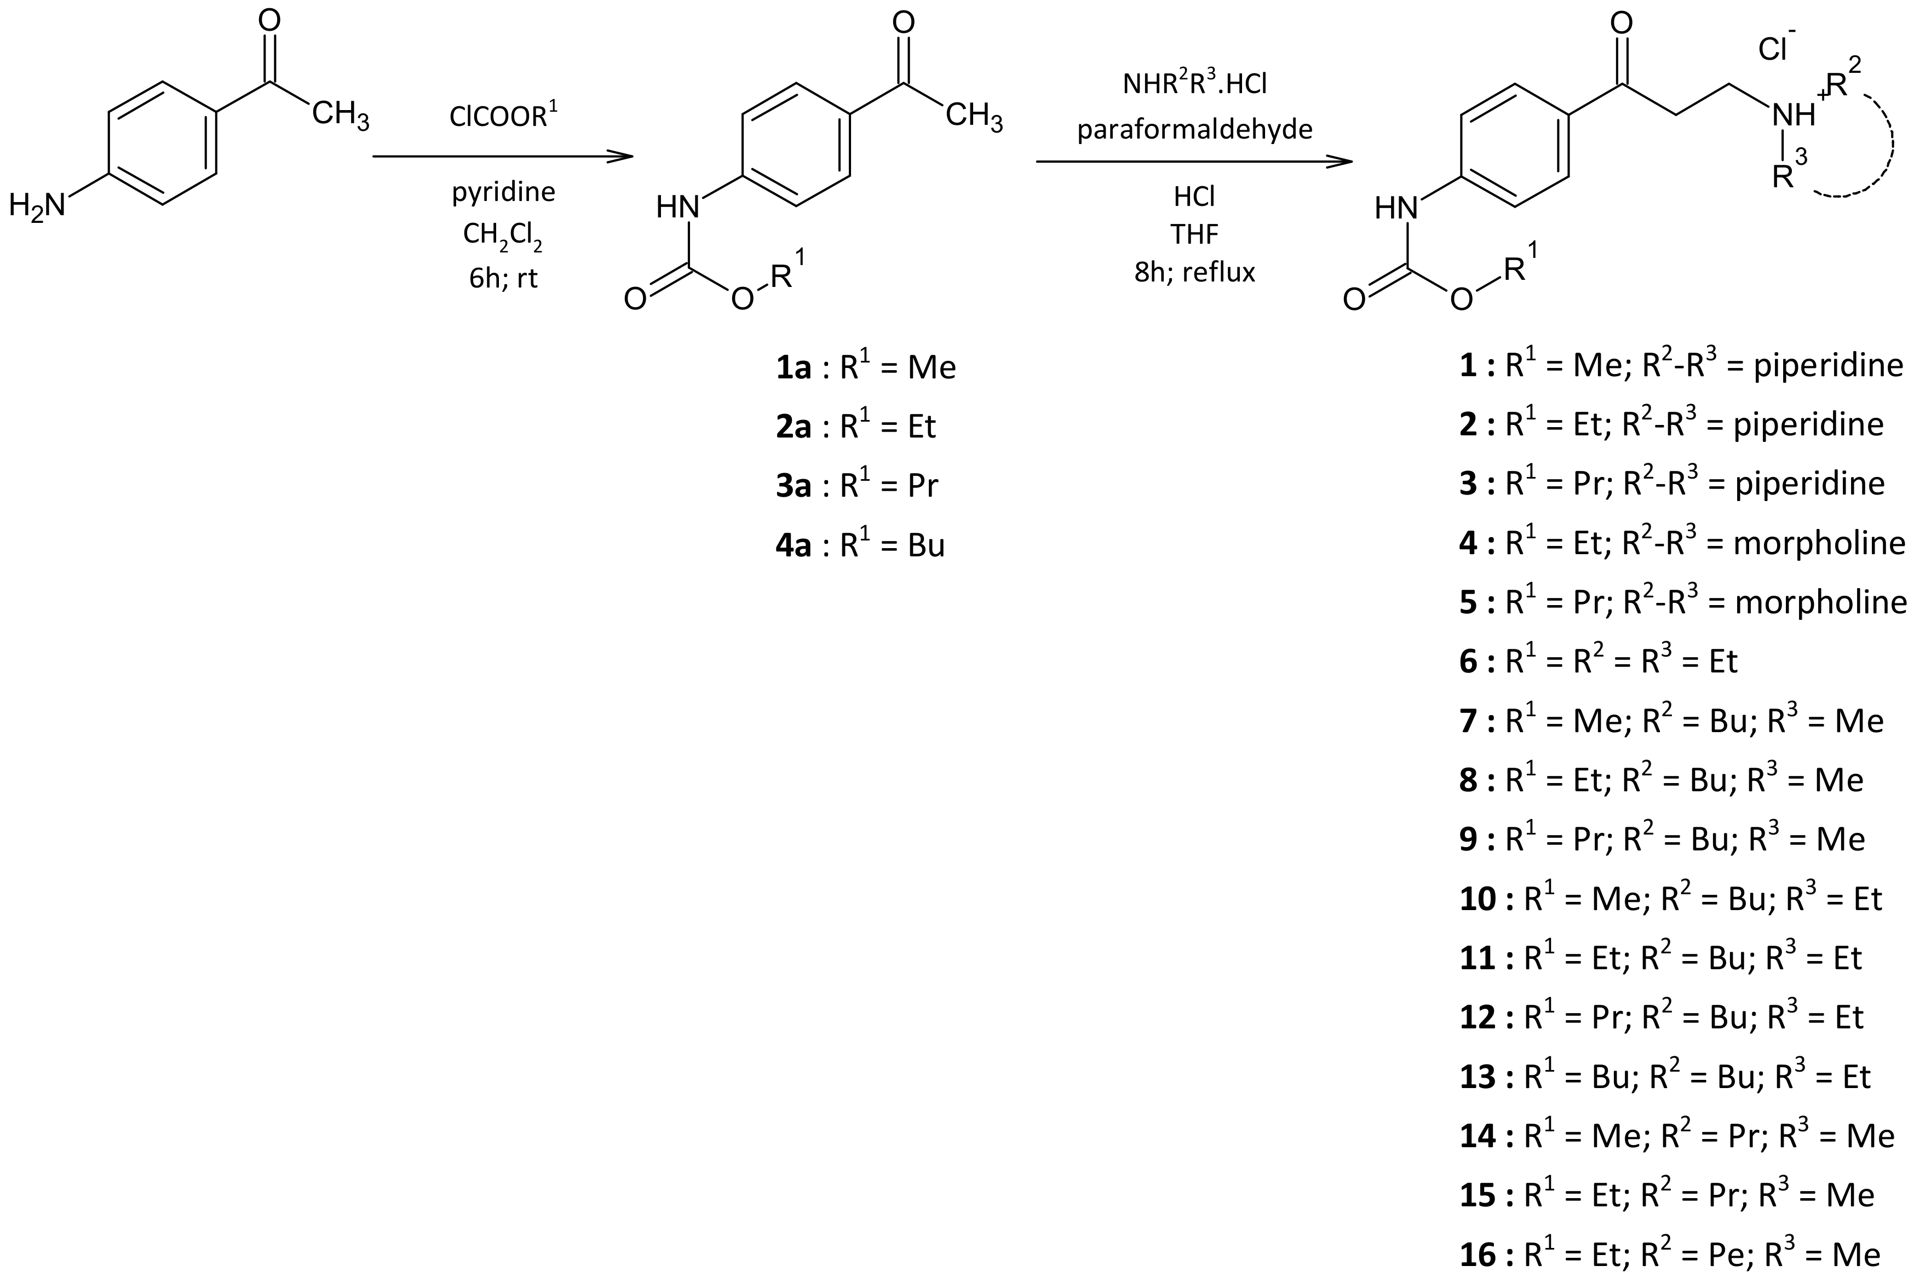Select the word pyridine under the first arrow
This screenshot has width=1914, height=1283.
pos(503,192)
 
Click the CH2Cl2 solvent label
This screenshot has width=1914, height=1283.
pos(502,235)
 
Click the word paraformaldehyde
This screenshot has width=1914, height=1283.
pos(1195,129)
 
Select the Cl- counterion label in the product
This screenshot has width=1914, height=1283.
pos(1775,48)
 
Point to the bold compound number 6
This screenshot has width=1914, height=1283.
pos(1469,661)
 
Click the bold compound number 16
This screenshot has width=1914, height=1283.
pos(1478,1255)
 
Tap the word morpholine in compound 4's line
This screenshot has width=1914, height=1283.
pos(1819,543)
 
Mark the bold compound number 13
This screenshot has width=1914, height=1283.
pos(1478,1077)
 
